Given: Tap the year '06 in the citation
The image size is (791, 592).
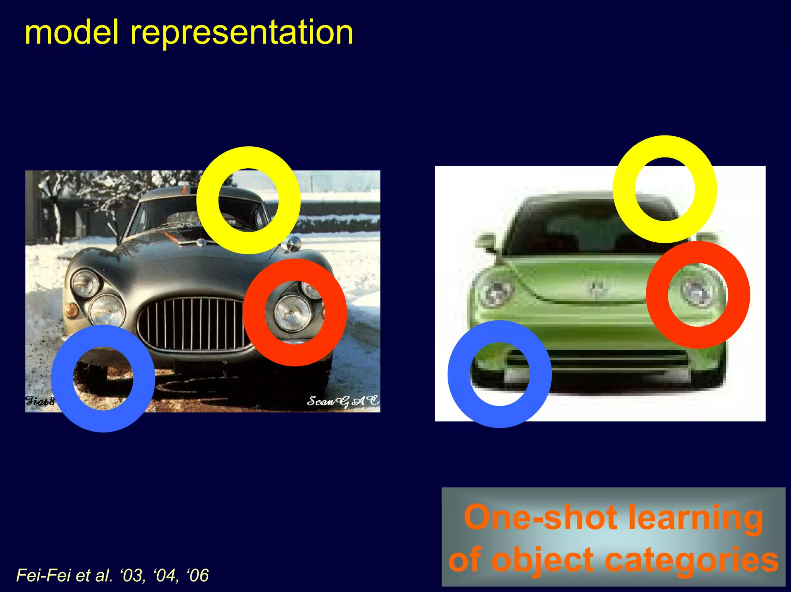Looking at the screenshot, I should click(x=197, y=575).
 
